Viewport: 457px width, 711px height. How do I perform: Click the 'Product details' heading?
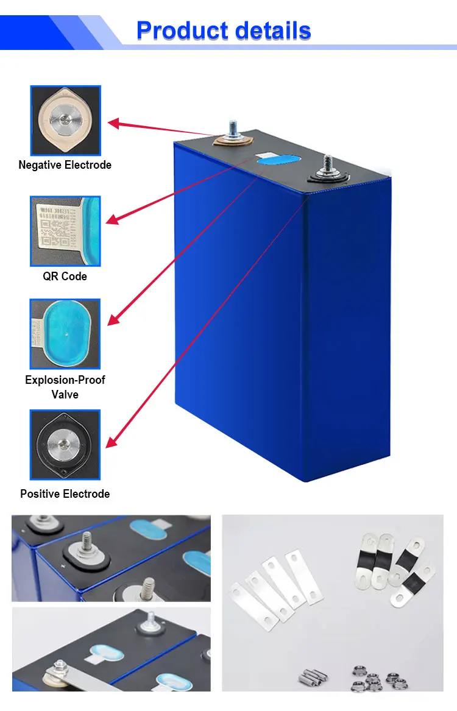pos(224,30)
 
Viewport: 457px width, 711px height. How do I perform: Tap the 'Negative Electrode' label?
pos(65,165)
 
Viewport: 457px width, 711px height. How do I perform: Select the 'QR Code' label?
pos(65,276)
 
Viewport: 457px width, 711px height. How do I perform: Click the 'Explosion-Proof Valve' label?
pos(65,387)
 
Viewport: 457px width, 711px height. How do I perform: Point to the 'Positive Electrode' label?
pos(65,493)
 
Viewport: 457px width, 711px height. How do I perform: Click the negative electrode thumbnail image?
pos(65,120)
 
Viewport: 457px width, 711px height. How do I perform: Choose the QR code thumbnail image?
pos(65,231)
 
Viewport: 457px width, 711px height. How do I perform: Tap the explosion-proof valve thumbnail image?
pos(65,334)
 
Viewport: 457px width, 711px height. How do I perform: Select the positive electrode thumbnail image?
pos(65,444)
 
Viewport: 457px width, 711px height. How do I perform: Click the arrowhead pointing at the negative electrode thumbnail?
pos(113,124)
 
